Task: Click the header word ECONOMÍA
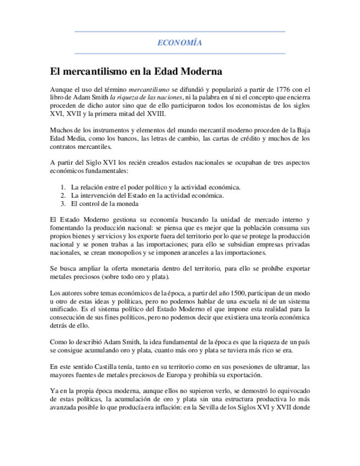(x=180, y=42)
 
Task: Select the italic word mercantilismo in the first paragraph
(x=149, y=89)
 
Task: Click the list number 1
(x=64, y=187)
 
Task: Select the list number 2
(x=64, y=196)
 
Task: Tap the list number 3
(x=64, y=204)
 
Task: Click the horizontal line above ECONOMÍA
(x=180, y=32)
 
